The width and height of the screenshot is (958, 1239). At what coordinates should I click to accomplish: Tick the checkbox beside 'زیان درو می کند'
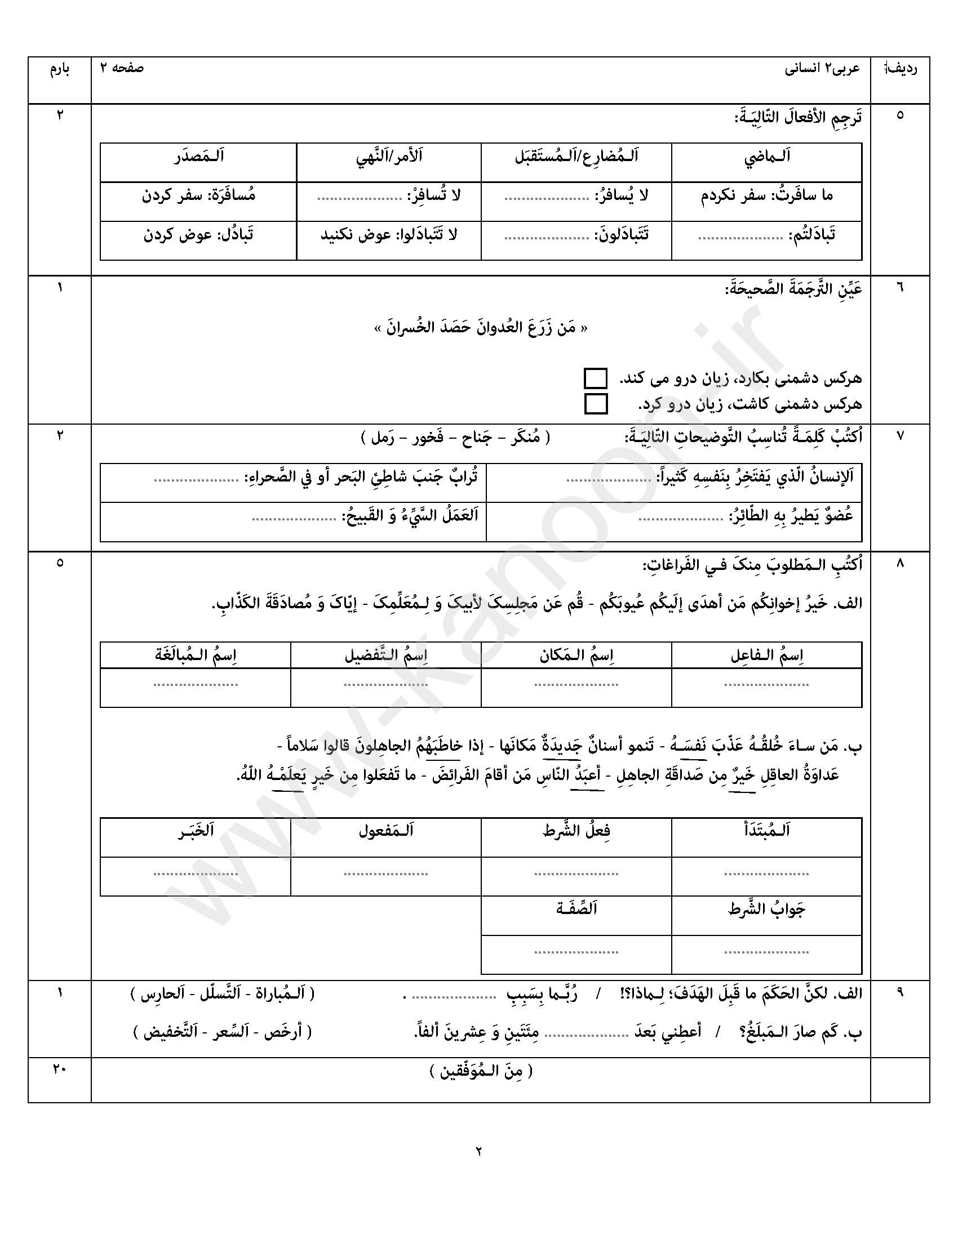click(595, 378)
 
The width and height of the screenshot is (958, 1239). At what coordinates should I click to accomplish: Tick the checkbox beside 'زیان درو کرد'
click(595, 404)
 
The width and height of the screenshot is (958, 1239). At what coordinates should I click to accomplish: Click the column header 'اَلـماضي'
click(767, 157)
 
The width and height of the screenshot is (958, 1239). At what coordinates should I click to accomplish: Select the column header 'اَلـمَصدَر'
click(198, 157)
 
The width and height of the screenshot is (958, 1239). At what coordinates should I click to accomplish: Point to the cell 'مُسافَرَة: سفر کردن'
click(198, 197)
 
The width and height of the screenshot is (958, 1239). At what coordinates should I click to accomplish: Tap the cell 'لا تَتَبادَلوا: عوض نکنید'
click(389, 235)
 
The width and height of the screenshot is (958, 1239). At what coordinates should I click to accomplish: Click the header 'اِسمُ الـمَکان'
click(576, 655)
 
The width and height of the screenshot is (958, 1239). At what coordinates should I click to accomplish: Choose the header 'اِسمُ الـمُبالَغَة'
click(196, 655)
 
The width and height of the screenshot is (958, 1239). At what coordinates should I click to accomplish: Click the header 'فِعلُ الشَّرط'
click(576, 832)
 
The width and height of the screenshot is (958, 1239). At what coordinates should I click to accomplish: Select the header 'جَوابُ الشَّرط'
click(767, 910)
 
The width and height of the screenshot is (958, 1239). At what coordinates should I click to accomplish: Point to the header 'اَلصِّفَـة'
click(576, 909)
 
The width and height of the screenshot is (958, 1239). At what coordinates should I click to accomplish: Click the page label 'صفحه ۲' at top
click(122, 69)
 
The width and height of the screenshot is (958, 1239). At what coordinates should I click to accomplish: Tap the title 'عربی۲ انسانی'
click(822, 69)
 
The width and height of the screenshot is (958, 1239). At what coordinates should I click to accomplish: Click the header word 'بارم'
click(60, 70)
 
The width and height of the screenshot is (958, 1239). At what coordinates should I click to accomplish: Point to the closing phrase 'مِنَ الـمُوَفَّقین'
click(481, 1071)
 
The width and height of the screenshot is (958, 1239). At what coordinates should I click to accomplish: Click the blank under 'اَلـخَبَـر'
click(196, 874)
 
